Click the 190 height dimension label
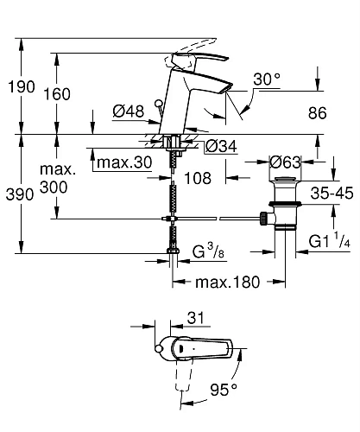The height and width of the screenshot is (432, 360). [22, 86]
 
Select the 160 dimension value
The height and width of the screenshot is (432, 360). [57, 94]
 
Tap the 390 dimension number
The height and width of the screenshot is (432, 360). [20, 194]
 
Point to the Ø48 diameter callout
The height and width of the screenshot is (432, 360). [129, 111]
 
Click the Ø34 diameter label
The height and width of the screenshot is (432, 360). [221, 146]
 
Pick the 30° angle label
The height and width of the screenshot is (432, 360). [267, 79]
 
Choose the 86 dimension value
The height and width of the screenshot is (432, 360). [318, 113]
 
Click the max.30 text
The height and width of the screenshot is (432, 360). [124, 162]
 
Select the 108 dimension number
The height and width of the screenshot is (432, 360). [198, 178]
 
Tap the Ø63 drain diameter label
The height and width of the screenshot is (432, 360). [285, 162]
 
